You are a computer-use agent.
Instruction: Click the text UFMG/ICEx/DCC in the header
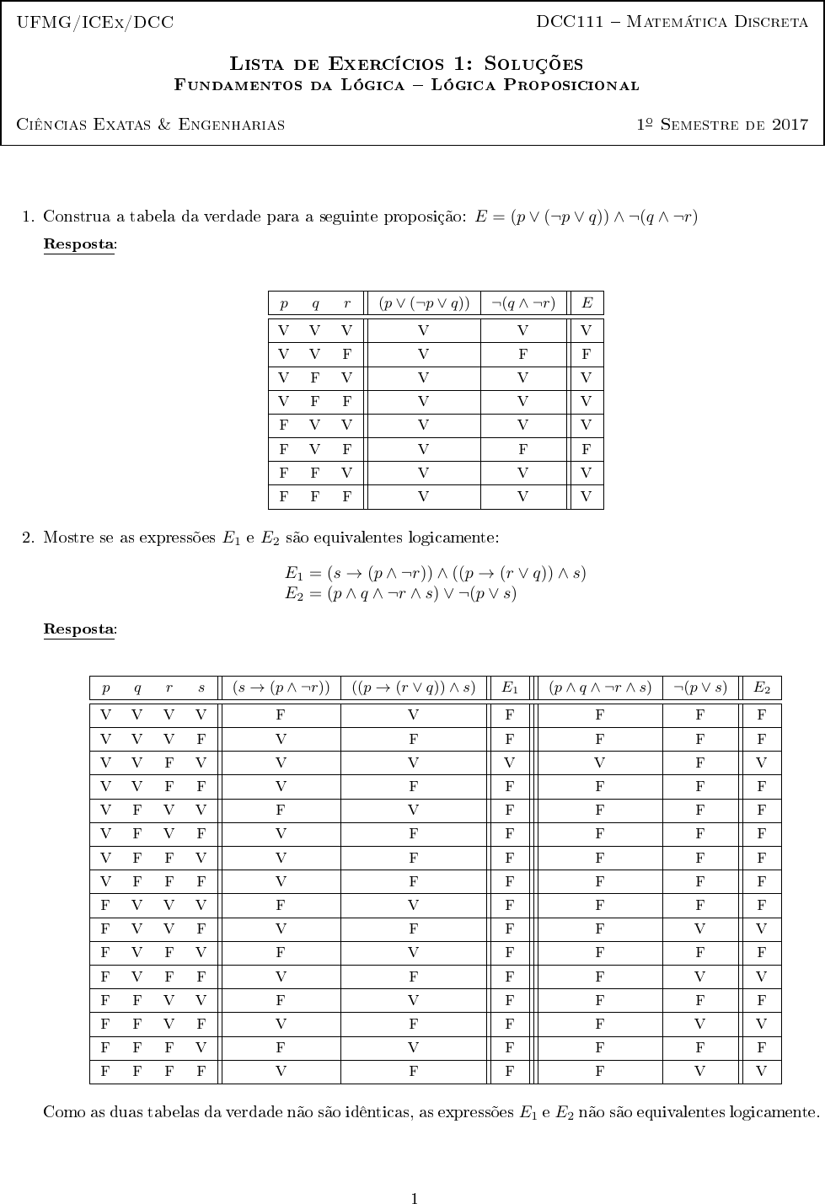[x=95, y=23]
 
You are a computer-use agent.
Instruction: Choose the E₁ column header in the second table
[x=510, y=688]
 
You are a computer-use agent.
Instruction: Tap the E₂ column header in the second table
[x=762, y=688]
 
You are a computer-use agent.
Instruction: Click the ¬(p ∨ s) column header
[x=701, y=688]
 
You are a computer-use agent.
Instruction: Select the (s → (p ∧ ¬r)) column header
[x=281, y=688]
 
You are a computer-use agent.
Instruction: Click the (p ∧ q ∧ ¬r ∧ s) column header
[x=600, y=688]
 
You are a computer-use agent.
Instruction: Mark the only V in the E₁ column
[x=510, y=763]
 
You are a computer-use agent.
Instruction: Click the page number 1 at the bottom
[x=414, y=1175]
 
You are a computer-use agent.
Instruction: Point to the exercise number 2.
[x=28, y=537]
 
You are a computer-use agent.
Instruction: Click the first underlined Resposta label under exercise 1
[x=79, y=244]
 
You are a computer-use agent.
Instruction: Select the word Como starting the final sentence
[x=62, y=1112]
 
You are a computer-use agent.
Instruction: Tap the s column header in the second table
[x=201, y=688]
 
